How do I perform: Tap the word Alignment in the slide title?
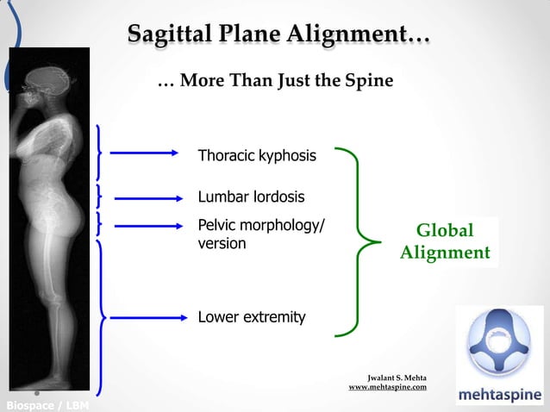point(354,34)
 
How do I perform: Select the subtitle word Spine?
point(368,81)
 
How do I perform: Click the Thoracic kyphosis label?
point(257,156)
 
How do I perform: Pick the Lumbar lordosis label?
point(251,197)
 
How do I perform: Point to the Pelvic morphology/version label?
point(261,234)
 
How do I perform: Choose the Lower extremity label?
point(252,317)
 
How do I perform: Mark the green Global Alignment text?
point(445,242)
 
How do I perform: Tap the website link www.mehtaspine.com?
point(387,388)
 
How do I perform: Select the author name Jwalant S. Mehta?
point(397,378)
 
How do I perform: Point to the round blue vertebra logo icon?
point(499,343)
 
